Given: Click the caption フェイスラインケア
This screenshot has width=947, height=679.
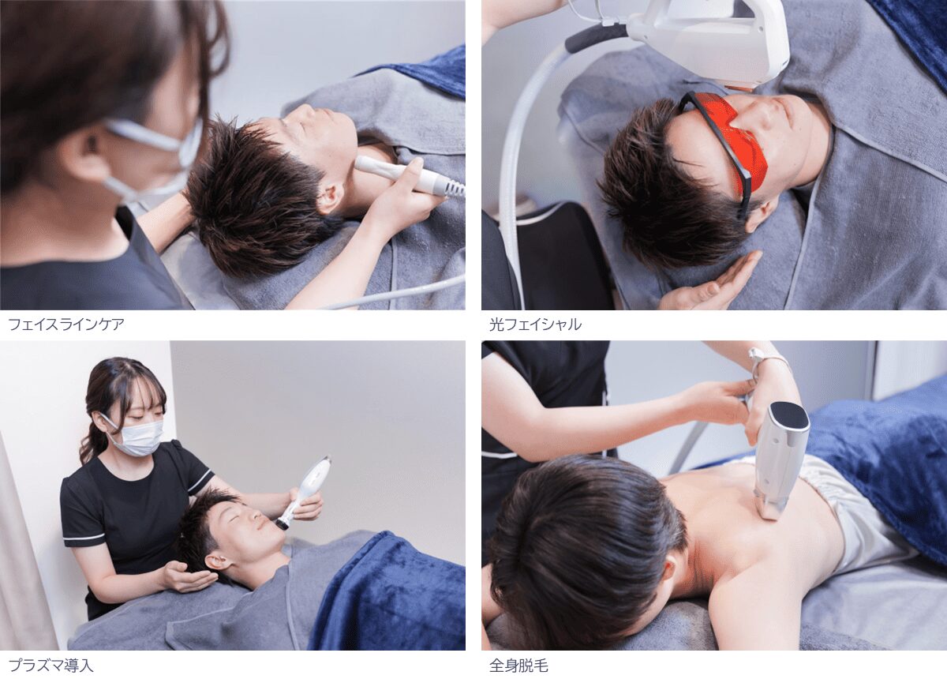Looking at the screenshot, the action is coord(66,325).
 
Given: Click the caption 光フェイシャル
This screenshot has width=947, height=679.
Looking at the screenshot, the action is coord(535,325).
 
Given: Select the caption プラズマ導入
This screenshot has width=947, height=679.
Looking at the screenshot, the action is coord(51,666).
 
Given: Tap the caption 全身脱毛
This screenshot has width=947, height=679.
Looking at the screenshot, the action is coord(518,666).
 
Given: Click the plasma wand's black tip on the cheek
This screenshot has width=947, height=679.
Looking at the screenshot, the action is coord(280,524).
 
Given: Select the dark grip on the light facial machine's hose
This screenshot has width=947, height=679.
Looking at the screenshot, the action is coord(596,38).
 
